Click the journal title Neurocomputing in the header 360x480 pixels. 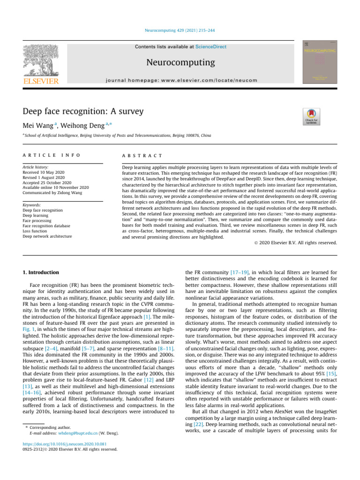(180, 62)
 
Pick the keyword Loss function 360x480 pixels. (36, 231)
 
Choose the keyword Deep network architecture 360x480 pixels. (47, 236)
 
